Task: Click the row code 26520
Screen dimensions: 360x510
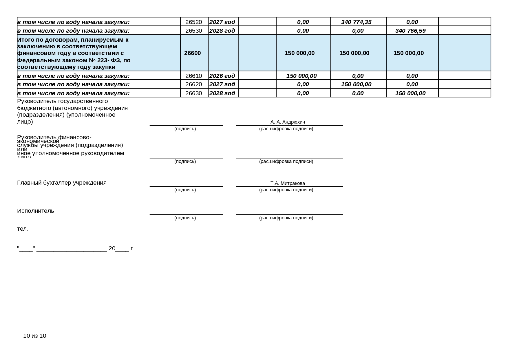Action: (x=193, y=22)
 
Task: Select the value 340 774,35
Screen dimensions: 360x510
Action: (x=356, y=22)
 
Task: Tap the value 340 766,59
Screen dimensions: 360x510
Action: (x=410, y=31)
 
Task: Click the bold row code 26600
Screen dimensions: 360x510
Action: (x=192, y=53)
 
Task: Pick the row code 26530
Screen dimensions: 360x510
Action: (x=193, y=31)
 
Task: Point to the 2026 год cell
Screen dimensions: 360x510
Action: (x=222, y=76)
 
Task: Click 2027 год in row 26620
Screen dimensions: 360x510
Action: (x=222, y=84)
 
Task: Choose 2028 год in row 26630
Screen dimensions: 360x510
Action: (x=222, y=93)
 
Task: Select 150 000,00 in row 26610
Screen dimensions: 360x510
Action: (x=301, y=76)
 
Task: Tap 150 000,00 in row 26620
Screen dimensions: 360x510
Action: (x=356, y=84)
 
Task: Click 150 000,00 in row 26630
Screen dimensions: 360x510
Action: (x=410, y=93)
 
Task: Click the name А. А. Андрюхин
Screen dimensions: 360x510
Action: (x=287, y=122)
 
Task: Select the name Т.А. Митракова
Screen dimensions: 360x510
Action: (x=287, y=183)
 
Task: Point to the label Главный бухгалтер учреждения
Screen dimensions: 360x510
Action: (x=62, y=183)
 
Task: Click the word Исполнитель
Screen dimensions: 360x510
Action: (x=36, y=211)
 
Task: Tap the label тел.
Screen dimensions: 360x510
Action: (x=23, y=229)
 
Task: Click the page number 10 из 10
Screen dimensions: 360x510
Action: (x=34, y=336)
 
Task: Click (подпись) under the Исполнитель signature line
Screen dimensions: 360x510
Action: (x=185, y=218)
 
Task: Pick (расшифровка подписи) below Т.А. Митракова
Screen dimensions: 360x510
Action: (x=286, y=190)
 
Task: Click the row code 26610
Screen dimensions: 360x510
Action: (x=193, y=76)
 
